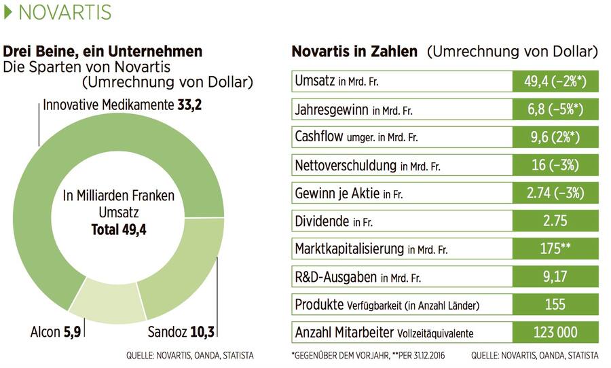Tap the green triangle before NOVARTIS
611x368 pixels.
9,12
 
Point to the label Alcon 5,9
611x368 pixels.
57,333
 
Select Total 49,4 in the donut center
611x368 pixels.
119,230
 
